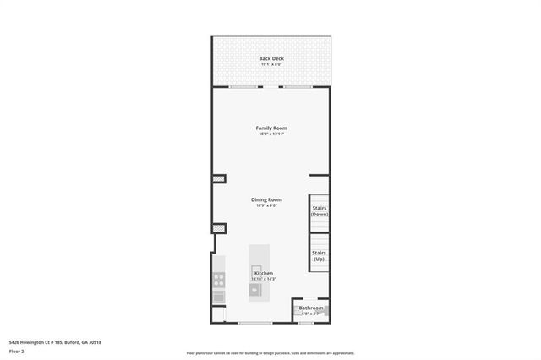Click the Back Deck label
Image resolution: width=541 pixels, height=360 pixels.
271,57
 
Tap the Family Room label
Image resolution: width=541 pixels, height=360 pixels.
271,128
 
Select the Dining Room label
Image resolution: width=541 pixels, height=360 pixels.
265,199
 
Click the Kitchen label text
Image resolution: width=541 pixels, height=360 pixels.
264,273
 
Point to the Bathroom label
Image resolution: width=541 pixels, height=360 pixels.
310,308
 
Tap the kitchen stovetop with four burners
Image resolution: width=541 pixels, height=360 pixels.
218,280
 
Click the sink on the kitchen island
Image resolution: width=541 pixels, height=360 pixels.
254,290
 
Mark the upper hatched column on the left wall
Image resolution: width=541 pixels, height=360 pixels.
217,179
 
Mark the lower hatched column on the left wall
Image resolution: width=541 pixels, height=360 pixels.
217,227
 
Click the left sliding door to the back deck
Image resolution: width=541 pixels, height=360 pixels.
243,87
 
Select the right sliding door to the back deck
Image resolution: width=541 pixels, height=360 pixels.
298,87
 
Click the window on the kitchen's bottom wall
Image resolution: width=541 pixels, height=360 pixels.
254,323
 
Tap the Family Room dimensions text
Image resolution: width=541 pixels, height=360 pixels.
271,134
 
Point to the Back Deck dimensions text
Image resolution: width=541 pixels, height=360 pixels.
271,63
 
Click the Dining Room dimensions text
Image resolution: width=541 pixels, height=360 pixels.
265,205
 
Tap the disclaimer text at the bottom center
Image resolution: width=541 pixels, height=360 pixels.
270,353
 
